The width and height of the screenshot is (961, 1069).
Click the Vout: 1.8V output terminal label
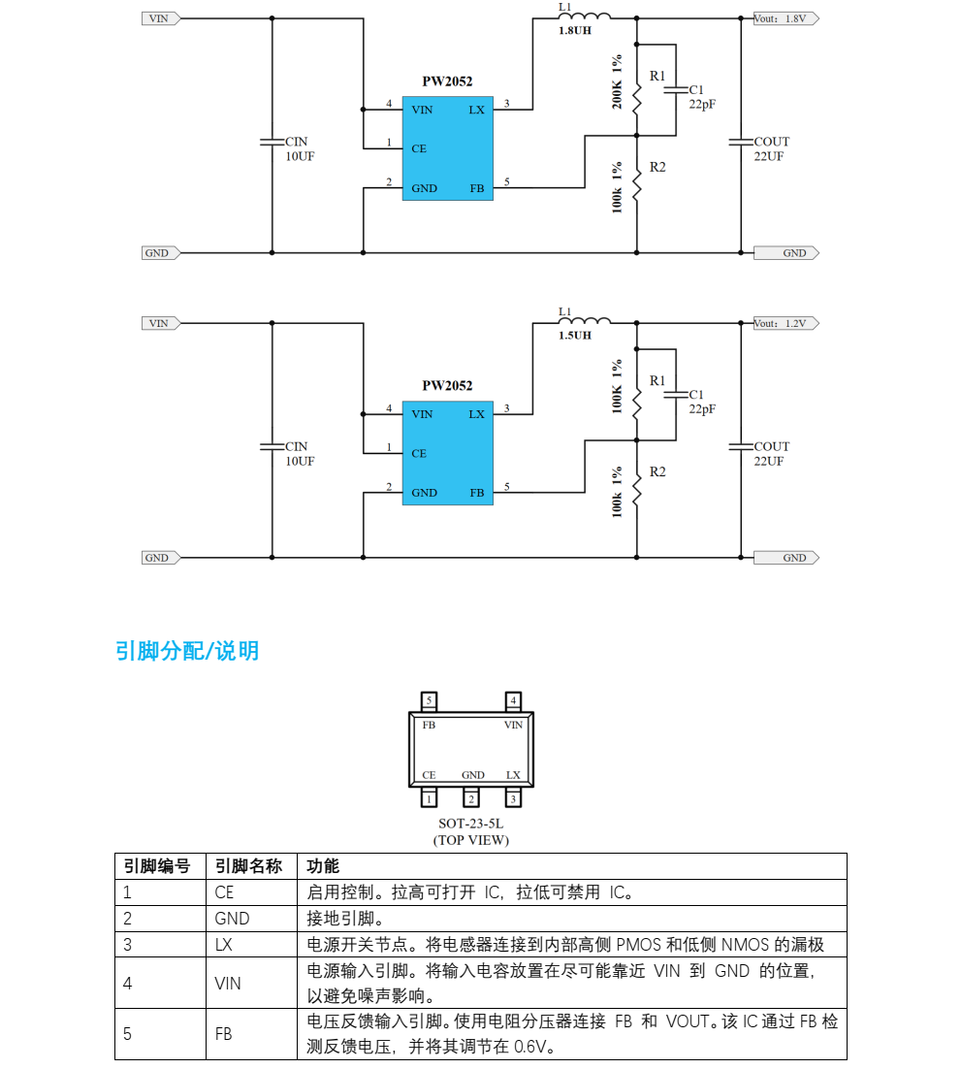786,18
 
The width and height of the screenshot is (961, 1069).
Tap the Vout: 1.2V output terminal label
786,323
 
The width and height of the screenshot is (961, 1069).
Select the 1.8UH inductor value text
575,31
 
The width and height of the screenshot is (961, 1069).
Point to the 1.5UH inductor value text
575,336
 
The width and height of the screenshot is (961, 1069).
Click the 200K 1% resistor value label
618,81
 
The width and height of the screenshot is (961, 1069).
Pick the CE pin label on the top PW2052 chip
419,148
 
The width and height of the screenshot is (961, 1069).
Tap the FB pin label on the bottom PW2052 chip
476,493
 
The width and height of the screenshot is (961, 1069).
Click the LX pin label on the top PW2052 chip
476,110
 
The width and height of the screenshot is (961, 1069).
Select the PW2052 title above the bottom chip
447,386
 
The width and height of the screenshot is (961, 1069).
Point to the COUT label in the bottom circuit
772,446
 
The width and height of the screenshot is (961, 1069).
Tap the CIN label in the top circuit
296,142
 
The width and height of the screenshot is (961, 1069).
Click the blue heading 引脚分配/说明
187,651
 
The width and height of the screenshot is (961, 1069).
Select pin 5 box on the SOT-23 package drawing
430,700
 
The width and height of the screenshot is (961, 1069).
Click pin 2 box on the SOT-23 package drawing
471,798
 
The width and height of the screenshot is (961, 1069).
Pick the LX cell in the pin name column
224,944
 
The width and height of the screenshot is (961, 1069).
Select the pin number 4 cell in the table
128,984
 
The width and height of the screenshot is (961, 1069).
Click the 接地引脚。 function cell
345,919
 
